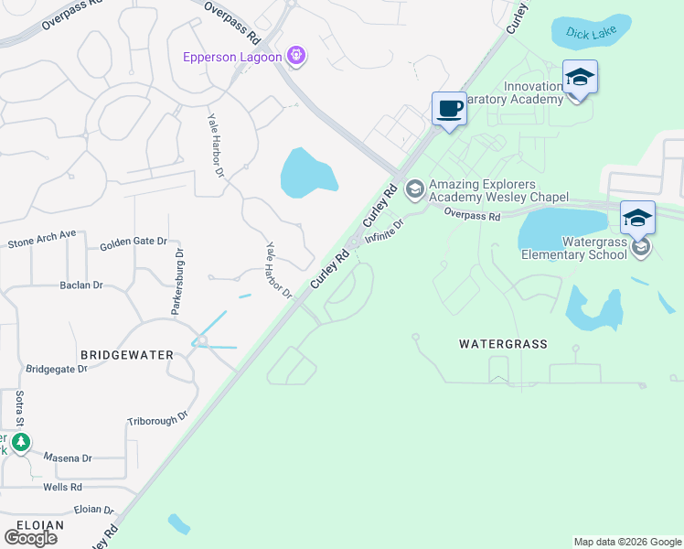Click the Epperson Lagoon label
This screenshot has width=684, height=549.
pos(232,57)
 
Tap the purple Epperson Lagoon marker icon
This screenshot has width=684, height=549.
pos(295,57)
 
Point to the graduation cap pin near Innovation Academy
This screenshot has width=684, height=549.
pos(580,78)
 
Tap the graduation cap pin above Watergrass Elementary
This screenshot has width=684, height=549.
pos(637,219)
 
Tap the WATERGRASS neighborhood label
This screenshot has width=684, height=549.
pos(502,344)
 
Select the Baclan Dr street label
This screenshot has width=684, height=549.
pos(81,285)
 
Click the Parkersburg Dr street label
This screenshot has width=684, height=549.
pos(179,282)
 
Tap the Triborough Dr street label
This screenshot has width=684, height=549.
pos(157,416)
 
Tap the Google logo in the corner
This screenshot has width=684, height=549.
pos(30,537)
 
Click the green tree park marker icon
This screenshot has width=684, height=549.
pos(21,443)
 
